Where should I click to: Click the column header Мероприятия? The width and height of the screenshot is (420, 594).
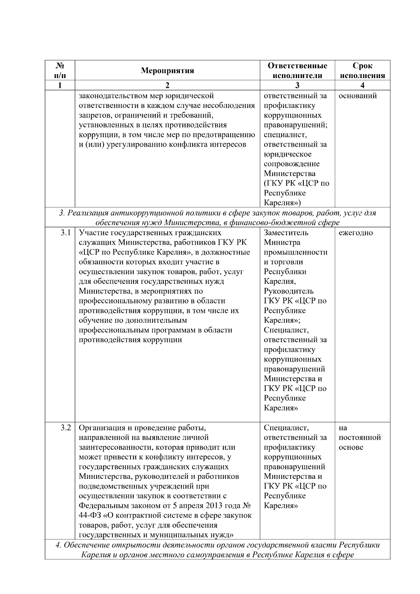pos(167,71)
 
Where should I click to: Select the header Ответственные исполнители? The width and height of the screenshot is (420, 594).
pos(297,70)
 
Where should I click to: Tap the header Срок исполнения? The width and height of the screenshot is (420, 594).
pos(362,70)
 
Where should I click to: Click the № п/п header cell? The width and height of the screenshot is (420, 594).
pos(60,70)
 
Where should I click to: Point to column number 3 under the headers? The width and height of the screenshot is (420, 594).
pos(297,85)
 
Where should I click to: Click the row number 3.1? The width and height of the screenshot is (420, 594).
pos(65,233)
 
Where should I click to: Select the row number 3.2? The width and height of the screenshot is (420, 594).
pos(65,428)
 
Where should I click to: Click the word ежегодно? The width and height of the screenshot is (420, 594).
pos(356,233)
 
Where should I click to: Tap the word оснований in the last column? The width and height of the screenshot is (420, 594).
pos(357,96)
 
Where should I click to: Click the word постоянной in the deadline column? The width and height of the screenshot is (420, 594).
pos(359,438)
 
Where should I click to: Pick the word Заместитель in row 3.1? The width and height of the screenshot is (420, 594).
pos(286,233)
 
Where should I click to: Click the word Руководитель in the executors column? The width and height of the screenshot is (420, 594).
pos(288,291)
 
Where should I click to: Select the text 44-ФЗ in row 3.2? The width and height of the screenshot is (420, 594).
pos(90,516)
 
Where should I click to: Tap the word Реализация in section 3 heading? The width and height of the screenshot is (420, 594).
pos(88,213)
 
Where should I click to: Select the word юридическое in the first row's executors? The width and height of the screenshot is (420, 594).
pos(287,154)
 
